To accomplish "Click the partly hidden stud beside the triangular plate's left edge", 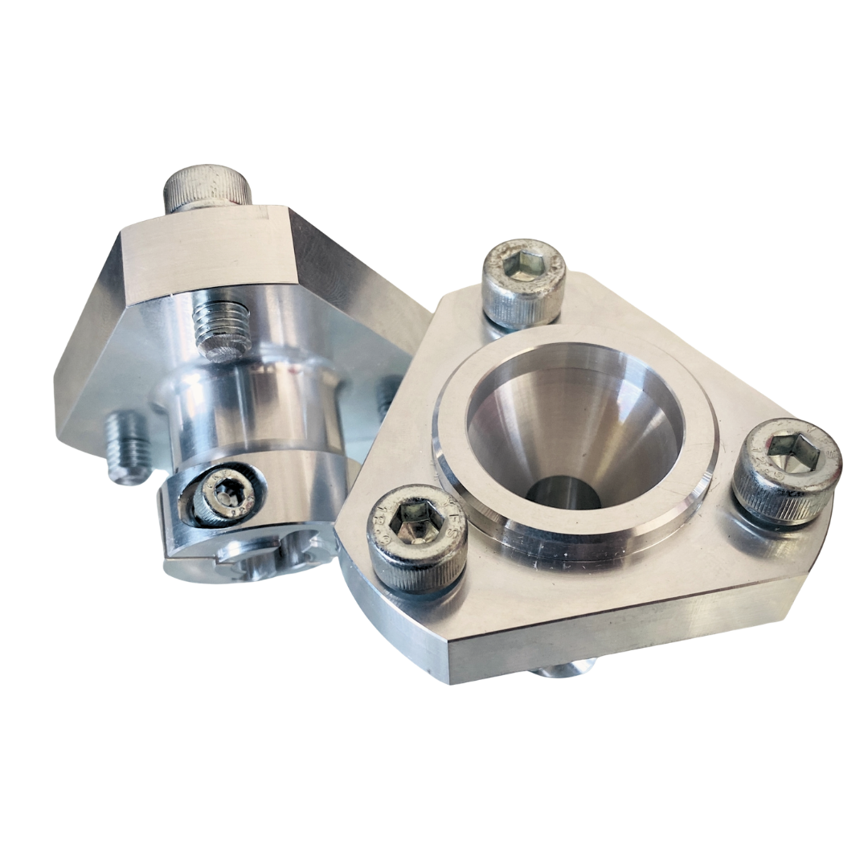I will point(389,394).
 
